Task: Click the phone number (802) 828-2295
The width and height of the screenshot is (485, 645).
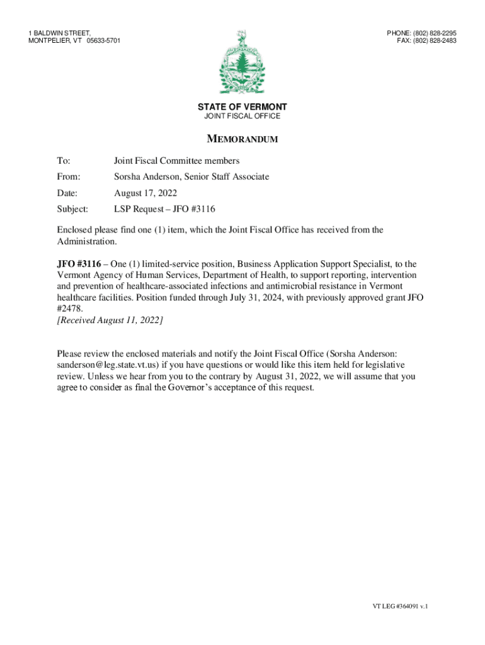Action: (435, 33)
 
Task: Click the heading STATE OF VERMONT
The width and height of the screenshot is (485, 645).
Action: (243, 107)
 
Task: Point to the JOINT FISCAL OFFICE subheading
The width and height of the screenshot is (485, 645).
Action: (243, 117)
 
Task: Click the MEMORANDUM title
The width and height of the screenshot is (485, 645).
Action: (243, 139)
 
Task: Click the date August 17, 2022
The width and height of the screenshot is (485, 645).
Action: (145, 193)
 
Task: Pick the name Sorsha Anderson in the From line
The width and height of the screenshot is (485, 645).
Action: (146, 177)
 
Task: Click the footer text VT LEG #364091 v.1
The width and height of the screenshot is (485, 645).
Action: (400, 606)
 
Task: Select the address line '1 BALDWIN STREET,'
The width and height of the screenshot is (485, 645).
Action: (60, 33)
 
